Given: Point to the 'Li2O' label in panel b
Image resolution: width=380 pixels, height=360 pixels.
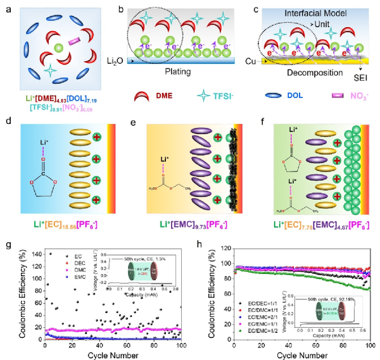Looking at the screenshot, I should [x=114, y=61].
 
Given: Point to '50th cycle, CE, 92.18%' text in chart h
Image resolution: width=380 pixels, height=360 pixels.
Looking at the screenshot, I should [x=324, y=295].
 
